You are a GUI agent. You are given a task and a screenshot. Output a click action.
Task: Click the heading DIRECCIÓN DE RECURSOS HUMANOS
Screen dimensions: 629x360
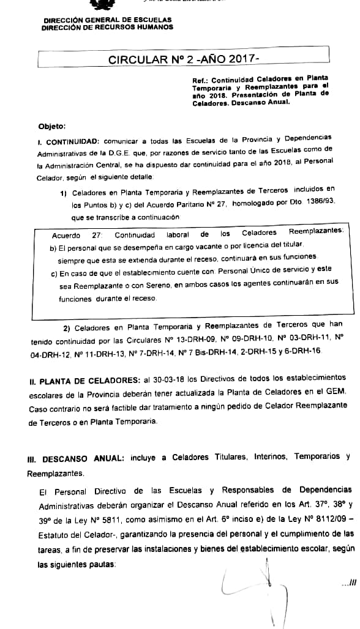click(x=107, y=27)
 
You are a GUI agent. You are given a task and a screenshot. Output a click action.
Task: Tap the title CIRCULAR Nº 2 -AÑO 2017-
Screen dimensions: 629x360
click(x=184, y=59)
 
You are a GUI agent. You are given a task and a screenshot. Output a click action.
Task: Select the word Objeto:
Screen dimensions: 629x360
click(x=51, y=127)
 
